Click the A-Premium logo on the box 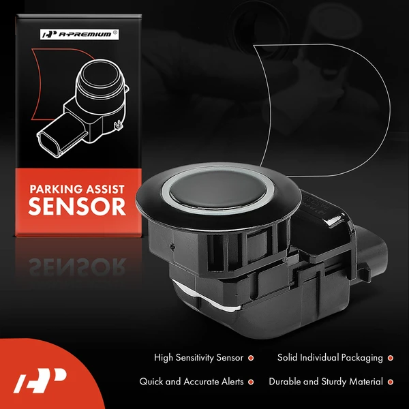coord(79,35)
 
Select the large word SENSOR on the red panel coord(77,207)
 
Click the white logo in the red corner coord(40,380)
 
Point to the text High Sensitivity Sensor coord(198,358)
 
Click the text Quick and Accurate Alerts coord(191,382)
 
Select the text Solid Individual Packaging coord(330,358)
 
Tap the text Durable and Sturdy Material coord(326,382)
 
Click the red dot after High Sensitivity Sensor coord(251,358)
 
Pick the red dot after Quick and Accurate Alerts coord(251,382)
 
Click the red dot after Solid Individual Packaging coord(390,358)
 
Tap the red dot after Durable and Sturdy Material coord(390,382)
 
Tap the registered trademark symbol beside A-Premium coord(115,33)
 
